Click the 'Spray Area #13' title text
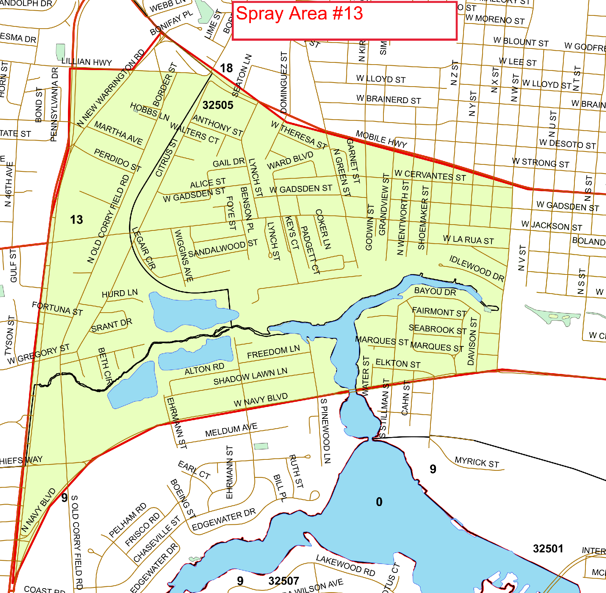299,14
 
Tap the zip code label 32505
218,105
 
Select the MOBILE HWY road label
381,139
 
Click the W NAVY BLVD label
260,400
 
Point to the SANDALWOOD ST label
223,248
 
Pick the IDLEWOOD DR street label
476,268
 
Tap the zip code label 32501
548,549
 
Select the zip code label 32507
284,581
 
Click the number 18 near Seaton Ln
226,68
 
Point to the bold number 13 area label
76,219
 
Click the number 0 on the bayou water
379,502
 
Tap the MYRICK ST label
477,462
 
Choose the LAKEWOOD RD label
345,565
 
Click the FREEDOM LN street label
273,352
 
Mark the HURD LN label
120,294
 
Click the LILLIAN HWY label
86,62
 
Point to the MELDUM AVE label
231,430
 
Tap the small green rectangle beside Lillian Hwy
61,52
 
